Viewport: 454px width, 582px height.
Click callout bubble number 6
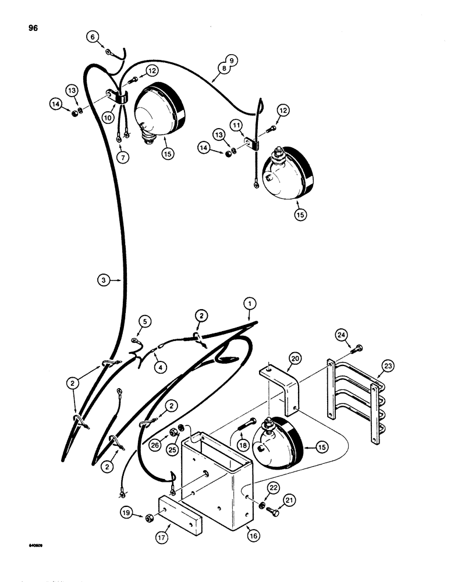click(92, 37)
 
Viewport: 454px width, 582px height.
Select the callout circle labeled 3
click(102, 280)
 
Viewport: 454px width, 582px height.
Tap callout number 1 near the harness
click(249, 303)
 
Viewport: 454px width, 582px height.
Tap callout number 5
click(144, 321)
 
